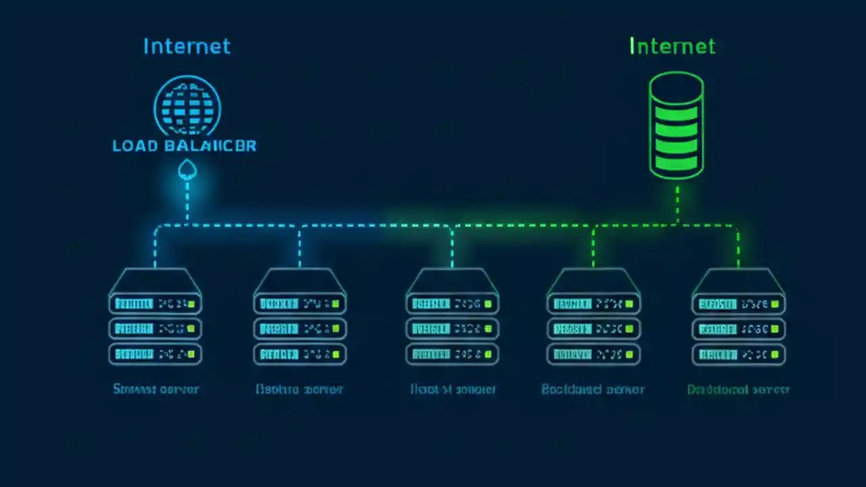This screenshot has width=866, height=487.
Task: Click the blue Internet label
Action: click(187, 46)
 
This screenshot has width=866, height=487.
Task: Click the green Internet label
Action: click(672, 46)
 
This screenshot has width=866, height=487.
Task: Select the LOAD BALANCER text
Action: click(184, 145)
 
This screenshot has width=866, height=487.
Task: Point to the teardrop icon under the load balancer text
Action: click(187, 170)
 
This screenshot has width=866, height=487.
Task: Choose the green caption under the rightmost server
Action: click(738, 390)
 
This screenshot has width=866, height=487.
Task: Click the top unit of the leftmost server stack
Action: click(155, 304)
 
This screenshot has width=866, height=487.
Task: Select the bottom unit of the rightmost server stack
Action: click(738, 354)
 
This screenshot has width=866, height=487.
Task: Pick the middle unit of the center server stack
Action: click(452, 329)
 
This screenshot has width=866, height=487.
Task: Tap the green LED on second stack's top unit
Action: click(336, 304)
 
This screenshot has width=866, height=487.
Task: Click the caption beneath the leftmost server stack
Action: click(156, 389)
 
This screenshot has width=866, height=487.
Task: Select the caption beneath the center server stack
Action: click(453, 390)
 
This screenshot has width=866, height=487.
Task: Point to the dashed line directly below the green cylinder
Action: click(677, 203)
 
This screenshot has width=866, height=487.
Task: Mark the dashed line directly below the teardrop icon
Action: click(187, 203)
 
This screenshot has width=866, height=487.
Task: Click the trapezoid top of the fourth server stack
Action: click(593, 279)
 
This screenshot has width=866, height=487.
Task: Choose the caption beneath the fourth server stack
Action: click(593, 390)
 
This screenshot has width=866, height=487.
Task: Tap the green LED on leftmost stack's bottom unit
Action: click(191, 354)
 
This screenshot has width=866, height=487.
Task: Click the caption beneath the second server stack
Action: click(300, 390)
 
